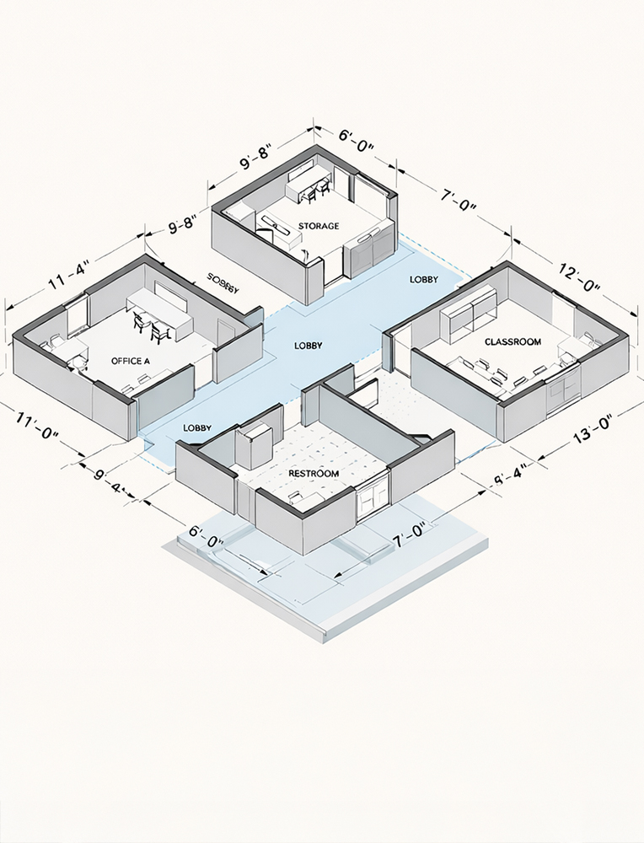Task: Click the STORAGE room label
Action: (x=319, y=226)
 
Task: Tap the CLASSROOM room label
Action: (x=513, y=341)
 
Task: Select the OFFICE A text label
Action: (x=131, y=361)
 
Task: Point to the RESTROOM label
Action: (x=314, y=474)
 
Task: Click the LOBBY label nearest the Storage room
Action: (x=423, y=279)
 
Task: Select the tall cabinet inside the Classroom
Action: (x=472, y=314)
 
